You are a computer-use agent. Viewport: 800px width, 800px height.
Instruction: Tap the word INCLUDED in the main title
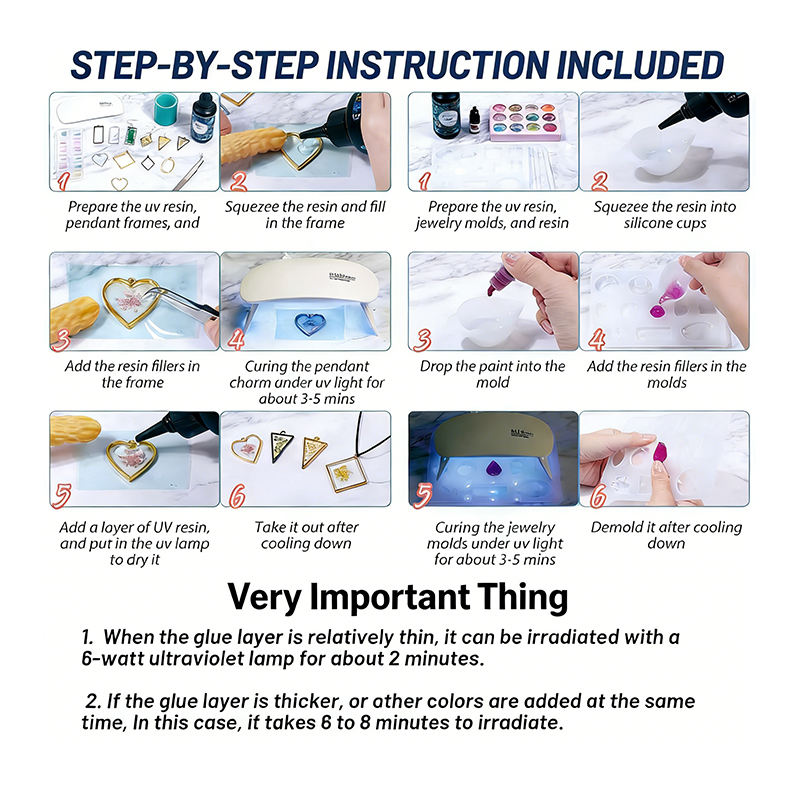[640, 65]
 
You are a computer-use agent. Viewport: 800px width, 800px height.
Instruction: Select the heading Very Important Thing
[398, 597]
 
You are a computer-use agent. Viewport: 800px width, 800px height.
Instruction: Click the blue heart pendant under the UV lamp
[308, 324]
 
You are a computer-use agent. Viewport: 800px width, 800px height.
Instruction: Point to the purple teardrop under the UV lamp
[493, 468]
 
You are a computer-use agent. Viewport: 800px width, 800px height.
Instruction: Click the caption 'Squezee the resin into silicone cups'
[665, 215]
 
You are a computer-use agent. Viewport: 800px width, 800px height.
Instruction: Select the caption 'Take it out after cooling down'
[306, 535]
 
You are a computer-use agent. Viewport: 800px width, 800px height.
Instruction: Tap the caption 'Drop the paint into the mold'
[493, 374]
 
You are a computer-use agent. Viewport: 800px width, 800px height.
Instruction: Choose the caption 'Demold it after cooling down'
[666, 535]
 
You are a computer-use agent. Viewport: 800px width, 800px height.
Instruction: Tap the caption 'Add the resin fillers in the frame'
[133, 374]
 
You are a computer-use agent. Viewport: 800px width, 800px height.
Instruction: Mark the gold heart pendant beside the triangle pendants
[247, 447]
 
